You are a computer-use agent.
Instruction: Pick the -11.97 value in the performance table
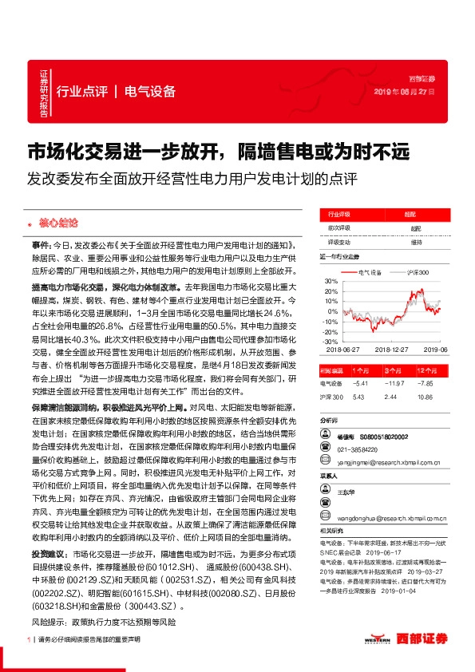(390, 382)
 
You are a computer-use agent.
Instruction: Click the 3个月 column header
(390, 370)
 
